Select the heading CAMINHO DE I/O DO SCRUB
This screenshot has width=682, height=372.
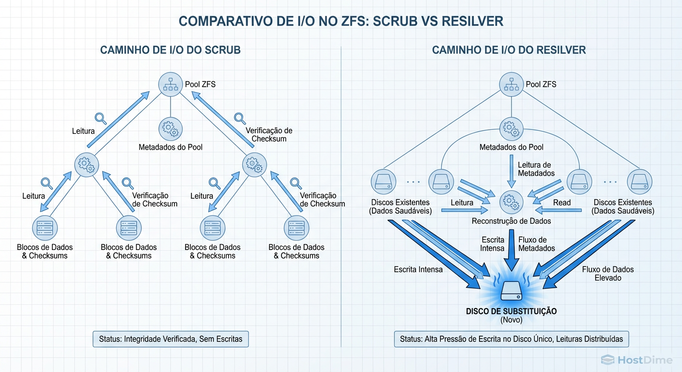[x=170, y=50]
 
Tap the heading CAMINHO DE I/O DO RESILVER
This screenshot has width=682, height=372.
[x=509, y=50]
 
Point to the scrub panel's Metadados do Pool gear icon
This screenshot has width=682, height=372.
[x=170, y=128]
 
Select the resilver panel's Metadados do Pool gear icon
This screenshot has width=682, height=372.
[x=511, y=128]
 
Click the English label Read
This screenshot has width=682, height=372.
[x=562, y=202]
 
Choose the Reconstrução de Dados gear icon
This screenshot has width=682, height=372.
[x=511, y=201]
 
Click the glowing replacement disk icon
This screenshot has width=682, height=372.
[x=511, y=290]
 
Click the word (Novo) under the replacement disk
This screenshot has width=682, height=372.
[x=511, y=320]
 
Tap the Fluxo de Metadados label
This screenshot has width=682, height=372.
[x=536, y=244]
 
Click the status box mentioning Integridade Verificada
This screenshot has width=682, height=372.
[x=170, y=339]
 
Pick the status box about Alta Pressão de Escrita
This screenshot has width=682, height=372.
[x=511, y=339]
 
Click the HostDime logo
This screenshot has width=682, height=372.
[x=636, y=359]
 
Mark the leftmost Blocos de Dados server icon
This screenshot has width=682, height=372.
[x=45, y=227]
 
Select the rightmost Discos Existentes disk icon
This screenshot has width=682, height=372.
[x=639, y=183]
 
